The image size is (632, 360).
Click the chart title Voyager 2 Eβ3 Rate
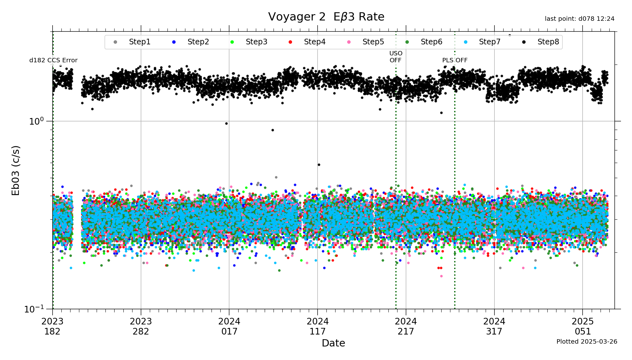point(326,17)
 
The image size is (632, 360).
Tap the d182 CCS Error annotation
point(53,60)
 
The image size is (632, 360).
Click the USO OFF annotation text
point(396,57)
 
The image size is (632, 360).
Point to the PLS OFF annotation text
point(455,60)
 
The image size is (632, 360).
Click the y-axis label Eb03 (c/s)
point(16,170)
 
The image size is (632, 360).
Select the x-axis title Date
point(333,343)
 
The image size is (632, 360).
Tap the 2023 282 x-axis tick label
point(141,326)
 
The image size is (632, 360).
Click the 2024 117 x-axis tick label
point(318,326)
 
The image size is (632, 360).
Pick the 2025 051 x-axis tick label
point(583,326)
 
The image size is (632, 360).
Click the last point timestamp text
point(579,19)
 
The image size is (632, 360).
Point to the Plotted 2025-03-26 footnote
point(587,342)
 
